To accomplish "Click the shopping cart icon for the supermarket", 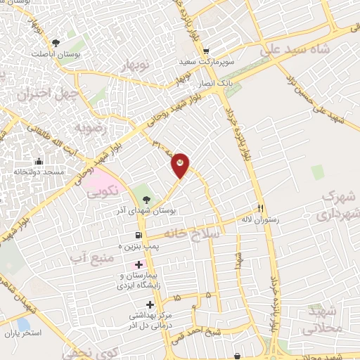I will (x=205, y=51).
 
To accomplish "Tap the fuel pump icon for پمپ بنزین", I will (x=138, y=236).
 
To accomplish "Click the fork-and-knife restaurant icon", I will (x=260, y=208).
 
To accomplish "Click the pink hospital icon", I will (x=139, y=264).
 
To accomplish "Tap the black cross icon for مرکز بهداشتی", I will (x=148, y=304).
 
